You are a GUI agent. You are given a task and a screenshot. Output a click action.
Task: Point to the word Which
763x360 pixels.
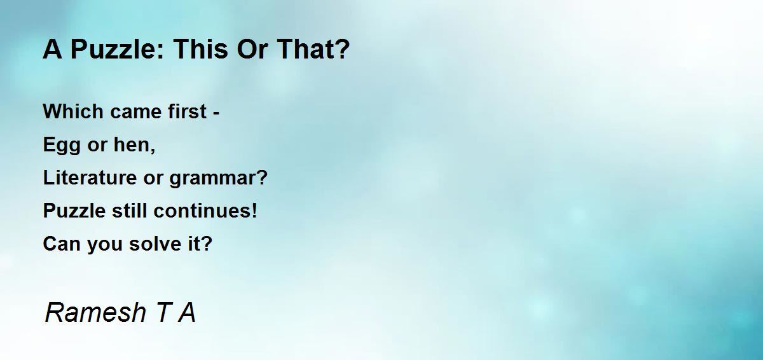coord(73,111)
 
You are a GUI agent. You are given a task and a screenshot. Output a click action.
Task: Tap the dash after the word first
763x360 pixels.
coord(216,114)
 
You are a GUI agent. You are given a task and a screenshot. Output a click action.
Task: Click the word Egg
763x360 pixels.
coord(62,146)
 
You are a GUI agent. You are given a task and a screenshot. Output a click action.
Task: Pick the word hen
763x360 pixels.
coord(132,144)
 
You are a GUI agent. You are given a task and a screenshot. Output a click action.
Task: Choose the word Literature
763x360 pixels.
coord(90,177)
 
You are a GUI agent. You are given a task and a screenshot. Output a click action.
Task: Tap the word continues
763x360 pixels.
coord(201,211)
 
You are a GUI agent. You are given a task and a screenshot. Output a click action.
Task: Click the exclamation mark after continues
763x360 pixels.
coord(254,211)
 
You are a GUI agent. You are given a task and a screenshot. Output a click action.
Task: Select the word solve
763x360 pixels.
coord(155,244)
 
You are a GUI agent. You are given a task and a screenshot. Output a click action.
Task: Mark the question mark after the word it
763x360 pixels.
coord(207,244)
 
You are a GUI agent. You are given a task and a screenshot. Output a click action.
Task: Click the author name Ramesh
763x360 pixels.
coord(95,312)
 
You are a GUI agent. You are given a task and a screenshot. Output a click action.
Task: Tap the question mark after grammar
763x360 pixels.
coord(261,177)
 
